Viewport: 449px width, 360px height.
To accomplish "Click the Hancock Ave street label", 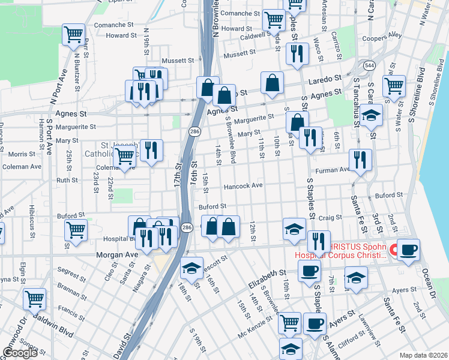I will pos(243,186).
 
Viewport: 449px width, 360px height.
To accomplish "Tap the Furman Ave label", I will pos(337,170).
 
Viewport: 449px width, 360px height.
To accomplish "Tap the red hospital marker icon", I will pos(395,250).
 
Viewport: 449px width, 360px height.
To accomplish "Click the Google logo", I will pos(20,353).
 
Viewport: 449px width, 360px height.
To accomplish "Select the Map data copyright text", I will pos(423,355).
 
